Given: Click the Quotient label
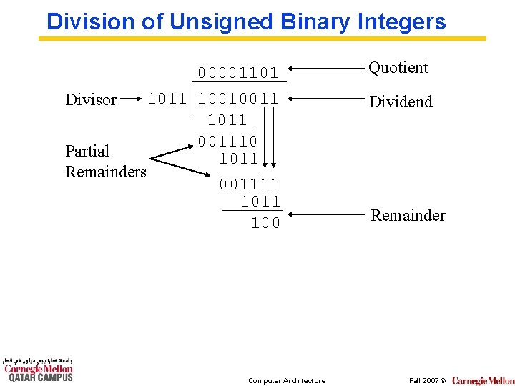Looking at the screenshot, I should pos(398,68).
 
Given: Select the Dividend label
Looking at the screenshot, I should pos(401,102).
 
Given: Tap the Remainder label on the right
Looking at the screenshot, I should pos(408,215).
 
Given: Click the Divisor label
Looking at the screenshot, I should pos(91,100).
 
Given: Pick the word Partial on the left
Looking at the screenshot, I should pos(87,151).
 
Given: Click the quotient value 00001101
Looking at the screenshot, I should pos(238,72).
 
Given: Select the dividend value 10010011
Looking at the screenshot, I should pos(238,99).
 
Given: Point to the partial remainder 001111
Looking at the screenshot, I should pos(249,184).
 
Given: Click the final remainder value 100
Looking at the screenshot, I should pos(265,223).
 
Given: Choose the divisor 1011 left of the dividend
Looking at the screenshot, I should pos(168,99).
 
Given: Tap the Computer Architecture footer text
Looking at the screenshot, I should pos(286,380).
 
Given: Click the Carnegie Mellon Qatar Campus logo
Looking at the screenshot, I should pos(40,370).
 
